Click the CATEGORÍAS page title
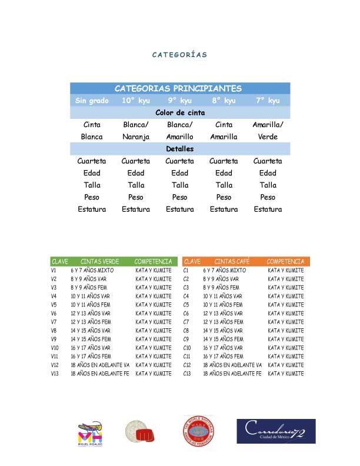[179, 55]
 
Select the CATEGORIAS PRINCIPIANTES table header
[178, 88]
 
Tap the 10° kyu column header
[136, 101]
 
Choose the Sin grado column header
[92, 101]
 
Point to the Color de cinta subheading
[179, 112]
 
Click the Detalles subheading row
[179, 149]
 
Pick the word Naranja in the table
[136, 137]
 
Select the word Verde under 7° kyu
[268, 137]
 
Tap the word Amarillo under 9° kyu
[179, 137]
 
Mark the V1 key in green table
[54, 270]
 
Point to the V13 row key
[55, 374]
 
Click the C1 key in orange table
[186, 270]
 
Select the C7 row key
[186, 322]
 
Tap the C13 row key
[187, 374]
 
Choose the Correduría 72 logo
[276, 431]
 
